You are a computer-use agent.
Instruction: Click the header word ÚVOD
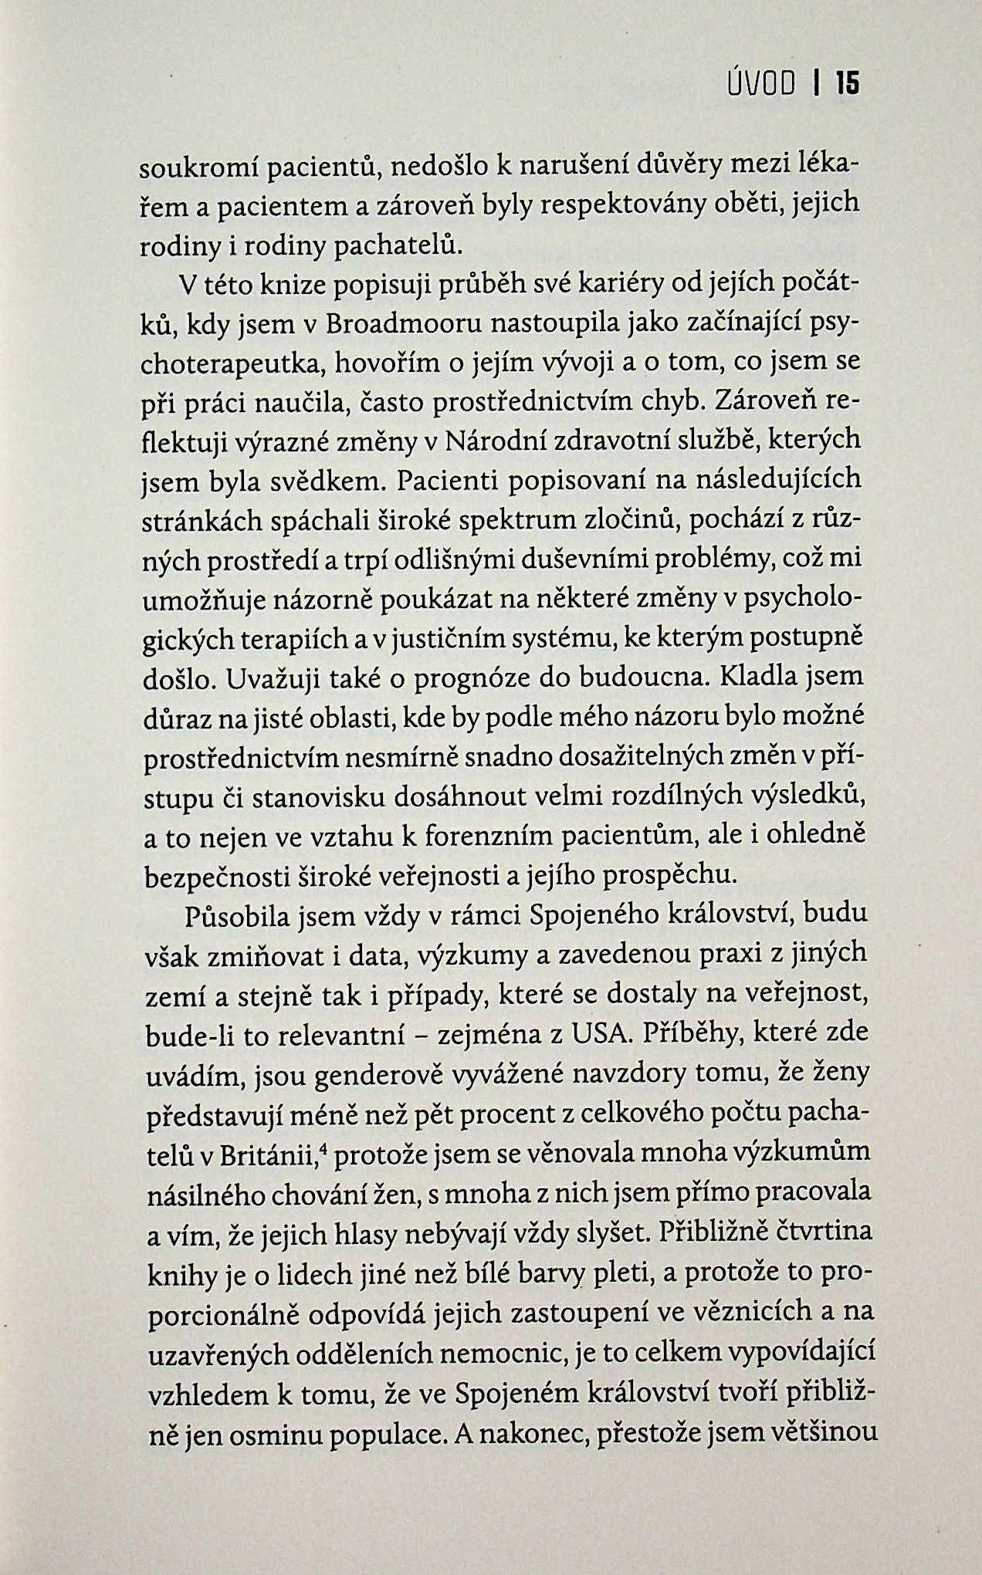[x=762, y=83]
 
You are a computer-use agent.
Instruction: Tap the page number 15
[x=847, y=83]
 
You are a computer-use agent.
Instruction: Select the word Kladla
[x=760, y=678]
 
